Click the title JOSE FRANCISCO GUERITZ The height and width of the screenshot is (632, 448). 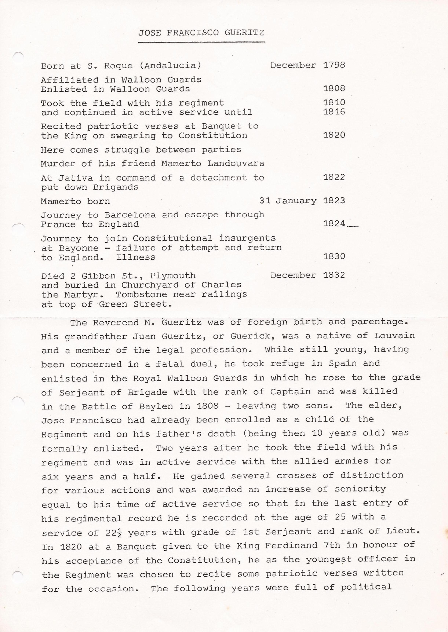click(x=201, y=33)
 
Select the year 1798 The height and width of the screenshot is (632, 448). click(x=334, y=65)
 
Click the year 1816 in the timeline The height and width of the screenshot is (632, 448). click(x=334, y=112)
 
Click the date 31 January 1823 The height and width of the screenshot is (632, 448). click(x=302, y=201)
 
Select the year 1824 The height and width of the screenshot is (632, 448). click(x=334, y=224)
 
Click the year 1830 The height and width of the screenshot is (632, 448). click(x=334, y=256)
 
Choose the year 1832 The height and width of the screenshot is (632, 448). click(x=334, y=275)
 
